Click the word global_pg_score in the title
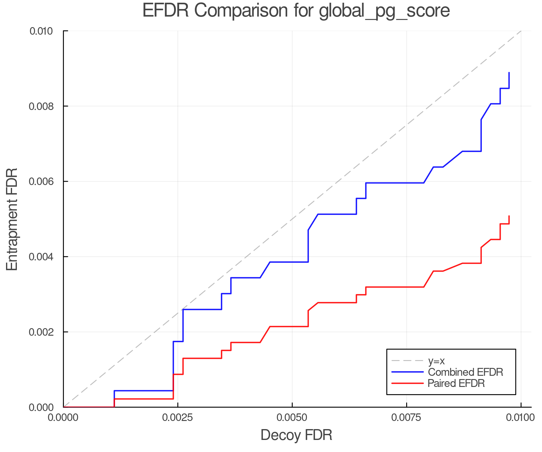(384, 11)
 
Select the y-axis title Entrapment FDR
(12, 219)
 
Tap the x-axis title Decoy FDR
(296, 435)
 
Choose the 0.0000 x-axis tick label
(63, 418)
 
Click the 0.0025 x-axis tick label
(178, 418)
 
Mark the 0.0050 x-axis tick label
(292, 418)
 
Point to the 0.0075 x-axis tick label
(406, 418)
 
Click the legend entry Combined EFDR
(465, 372)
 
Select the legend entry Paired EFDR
(456, 383)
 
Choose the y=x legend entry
(436, 361)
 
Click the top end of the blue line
(509, 73)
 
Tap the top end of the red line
(509, 216)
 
